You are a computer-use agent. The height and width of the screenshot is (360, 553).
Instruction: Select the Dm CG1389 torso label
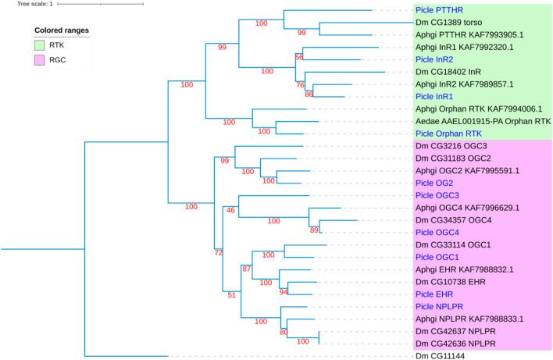point(451,23)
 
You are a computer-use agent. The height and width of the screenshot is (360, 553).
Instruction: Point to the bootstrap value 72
point(219,253)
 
